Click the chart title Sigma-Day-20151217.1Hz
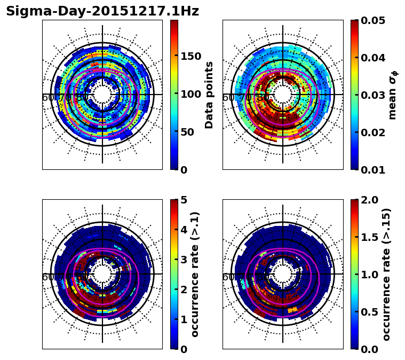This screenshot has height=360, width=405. (102, 11)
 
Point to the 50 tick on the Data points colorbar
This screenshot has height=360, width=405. (187, 132)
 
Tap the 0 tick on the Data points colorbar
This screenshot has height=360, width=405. (184, 170)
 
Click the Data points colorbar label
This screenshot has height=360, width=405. (209, 95)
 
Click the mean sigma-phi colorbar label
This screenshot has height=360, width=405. (393, 95)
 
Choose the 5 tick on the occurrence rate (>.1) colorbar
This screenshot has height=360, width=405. (184, 200)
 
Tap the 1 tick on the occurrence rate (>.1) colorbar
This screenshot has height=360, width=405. (184, 319)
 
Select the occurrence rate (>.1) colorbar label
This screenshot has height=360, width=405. (195, 274)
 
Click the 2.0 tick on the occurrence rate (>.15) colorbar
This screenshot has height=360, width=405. (368, 200)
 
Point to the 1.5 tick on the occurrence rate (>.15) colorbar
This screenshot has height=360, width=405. (368, 237)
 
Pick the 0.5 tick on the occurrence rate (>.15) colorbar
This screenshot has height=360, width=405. (368, 312)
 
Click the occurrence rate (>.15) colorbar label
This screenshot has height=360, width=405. (386, 274)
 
